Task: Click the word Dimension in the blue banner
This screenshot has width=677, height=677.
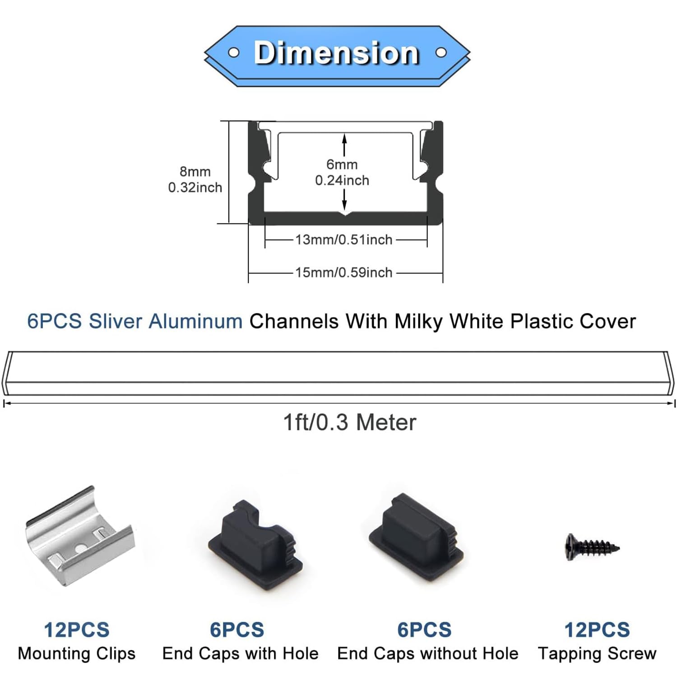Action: (337, 53)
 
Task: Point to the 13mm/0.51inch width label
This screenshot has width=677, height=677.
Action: (344, 240)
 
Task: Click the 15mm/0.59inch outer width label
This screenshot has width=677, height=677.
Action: (344, 273)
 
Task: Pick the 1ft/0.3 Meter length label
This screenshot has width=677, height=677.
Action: (349, 423)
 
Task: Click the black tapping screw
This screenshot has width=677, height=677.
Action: (592, 547)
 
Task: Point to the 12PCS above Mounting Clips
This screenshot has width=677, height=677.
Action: (77, 630)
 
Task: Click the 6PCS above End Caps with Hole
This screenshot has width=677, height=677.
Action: (237, 630)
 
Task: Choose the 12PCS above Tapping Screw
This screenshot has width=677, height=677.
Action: (597, 630)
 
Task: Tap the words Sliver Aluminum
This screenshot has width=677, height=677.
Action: (166, 321)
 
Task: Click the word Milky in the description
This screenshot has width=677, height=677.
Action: (418, 321)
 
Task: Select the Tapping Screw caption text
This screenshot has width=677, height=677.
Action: (597, 654)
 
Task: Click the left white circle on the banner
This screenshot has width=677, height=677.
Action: (233, 53)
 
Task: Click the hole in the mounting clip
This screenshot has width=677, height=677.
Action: (79, 548)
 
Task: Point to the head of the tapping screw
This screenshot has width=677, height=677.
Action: (570, 547)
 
